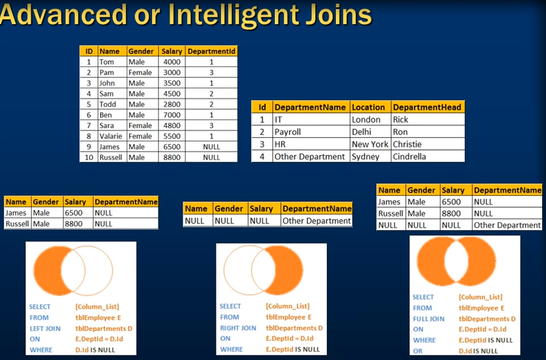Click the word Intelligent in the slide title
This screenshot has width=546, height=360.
pyautogui.click(x=233, y=16)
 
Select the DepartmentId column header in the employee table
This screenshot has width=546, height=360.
pyautogui.click(x=211, y=51)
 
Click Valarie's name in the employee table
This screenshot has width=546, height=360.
pyautogui.click(x=110, y=136)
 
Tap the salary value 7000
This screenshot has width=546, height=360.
pyautogui.click(x=172, y=115)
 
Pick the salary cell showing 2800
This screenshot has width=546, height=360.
pyautogui.click(x=172, y=104)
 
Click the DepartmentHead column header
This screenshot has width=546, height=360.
pyautogui.click(x=427, y=107)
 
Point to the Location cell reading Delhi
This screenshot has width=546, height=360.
pyautogui.click(x=361, y=132)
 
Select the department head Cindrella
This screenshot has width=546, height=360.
pyautogui.click(x=409, y=157)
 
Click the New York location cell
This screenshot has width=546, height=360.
pyautogui.click(x=370, y=144)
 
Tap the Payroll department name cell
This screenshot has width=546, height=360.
pyautogui.click(x=287, y=132)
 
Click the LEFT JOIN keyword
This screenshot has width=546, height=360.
pyautogui.click(x=45, y=328)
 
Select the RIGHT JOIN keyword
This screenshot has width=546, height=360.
pyautogui.click(x=238, y=328)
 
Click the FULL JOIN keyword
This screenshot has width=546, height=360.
pyautogui.click(x=428, y=318)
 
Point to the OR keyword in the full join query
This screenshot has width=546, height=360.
pyautogui.click(x=417, y=351)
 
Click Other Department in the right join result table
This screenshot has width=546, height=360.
pyautogui.click(x=317, y=221)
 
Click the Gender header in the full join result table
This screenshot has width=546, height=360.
pyautogui.click(x=421, y=190)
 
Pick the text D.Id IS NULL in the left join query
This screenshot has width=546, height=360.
pyautogui.click(x=95, y=350)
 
